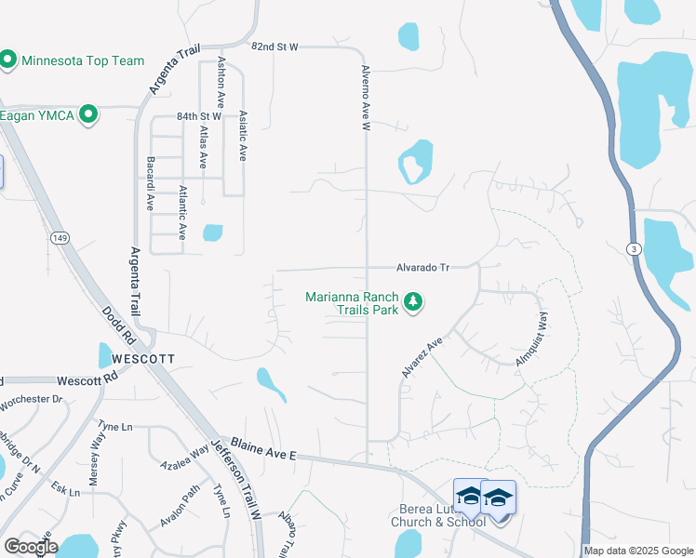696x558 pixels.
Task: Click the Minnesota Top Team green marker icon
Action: pos(8,61)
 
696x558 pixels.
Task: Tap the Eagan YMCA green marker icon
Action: pos(89,115)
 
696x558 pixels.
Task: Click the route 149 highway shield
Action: pos(60,238)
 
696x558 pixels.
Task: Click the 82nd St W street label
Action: pos(274,46)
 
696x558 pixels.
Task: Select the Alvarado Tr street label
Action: pos(422,267)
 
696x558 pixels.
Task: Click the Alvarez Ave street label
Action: pos(421,358)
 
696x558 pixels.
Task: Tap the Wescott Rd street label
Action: pos(87,380)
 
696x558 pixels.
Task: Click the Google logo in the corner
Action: pos(31,547)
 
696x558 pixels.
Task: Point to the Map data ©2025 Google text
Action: pos(638,551)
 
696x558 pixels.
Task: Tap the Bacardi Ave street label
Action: pos(149,183)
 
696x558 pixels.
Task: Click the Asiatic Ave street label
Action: pos(242,136)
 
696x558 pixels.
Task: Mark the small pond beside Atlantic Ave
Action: pos(212,232)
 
